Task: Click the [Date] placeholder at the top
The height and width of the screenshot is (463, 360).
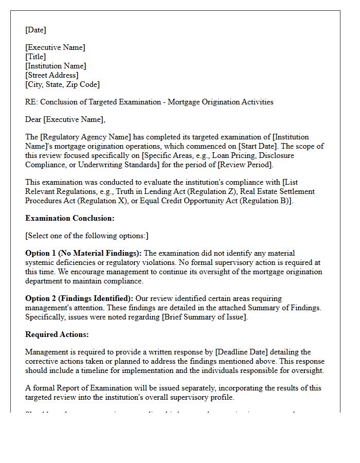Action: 35,30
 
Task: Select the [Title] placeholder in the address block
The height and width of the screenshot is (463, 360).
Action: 35,57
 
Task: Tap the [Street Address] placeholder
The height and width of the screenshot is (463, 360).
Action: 52,76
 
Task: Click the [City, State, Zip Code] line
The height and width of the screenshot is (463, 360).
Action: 62,85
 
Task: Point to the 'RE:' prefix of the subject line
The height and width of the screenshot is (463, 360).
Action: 31,102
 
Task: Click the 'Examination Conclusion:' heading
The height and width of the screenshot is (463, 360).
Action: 70,218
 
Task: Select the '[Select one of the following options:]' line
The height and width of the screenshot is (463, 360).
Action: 86,236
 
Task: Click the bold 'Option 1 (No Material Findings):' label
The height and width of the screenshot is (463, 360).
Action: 83,254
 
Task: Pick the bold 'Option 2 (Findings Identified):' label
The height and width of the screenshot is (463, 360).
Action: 79,299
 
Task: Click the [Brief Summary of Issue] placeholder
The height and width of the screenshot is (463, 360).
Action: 205,317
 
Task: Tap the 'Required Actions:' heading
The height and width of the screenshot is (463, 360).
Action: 57,335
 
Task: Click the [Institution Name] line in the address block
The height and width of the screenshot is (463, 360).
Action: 56,66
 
